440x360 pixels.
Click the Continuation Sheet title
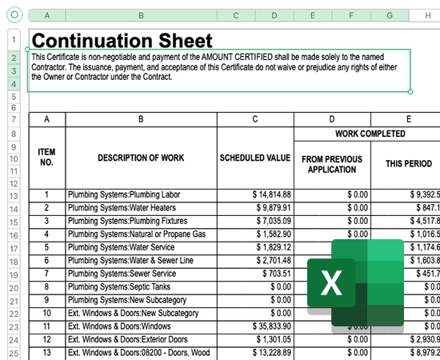pyautogui.click(x=122, y=40)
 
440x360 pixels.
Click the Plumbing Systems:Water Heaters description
pyautogui.click(x=119, y=208)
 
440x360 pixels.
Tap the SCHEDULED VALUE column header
pyautogui.click(x=255, y=158)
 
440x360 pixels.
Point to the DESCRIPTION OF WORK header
pyautogui.click(x=141, y=158)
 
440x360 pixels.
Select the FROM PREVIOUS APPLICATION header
pyautogui.click(x=332, y=164)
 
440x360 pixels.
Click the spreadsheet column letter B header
pyautogui.click(x=141, y=15)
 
